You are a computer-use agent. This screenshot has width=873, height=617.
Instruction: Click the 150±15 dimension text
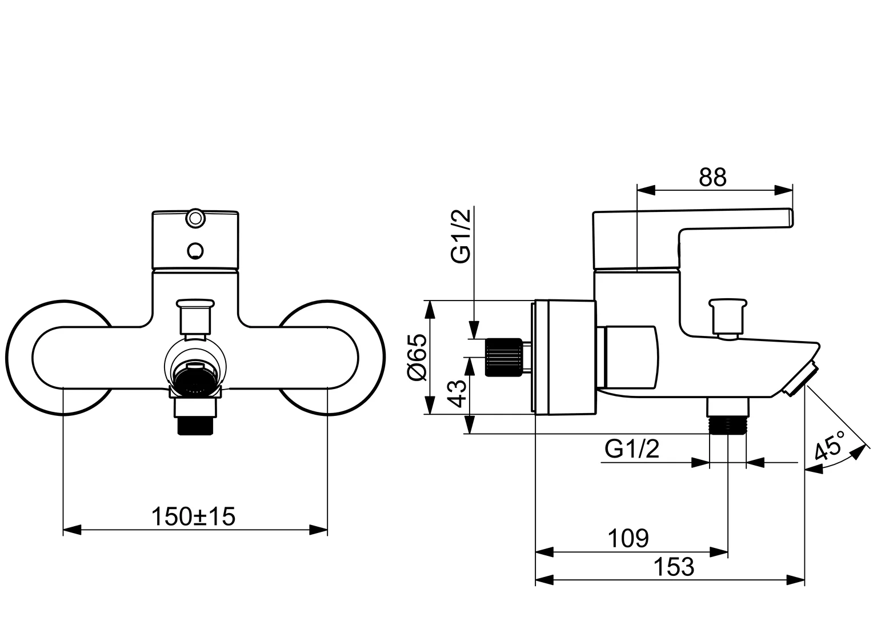click(x=193, y=517)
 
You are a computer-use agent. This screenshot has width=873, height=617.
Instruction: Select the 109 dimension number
click(x=628, y=538)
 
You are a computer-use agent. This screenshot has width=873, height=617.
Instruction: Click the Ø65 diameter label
click(x=418, y=357)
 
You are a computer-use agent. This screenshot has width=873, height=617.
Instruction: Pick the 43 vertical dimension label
click(x=456, y=393)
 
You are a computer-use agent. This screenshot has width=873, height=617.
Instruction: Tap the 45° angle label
click(x=830, y=446)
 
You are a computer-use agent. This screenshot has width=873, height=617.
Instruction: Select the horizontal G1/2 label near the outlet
click(x=632, y=449)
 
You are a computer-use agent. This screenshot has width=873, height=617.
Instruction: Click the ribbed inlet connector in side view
click(x=503, y=358)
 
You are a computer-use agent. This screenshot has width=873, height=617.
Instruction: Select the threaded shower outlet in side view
click(x=728, y=426)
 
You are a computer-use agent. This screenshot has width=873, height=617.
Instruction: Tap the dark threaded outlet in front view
click(x=195, y=426)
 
